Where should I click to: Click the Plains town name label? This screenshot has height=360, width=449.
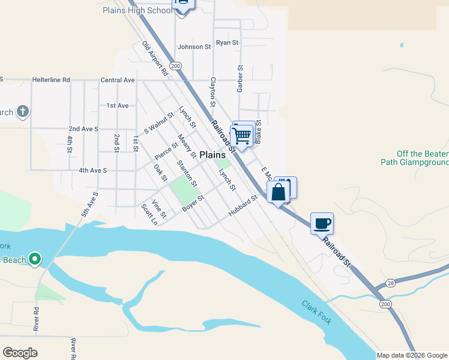click(x=212, y=154)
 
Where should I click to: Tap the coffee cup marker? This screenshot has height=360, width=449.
click(x=322, y=223)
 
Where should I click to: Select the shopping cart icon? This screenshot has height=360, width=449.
click(x=242, y=136)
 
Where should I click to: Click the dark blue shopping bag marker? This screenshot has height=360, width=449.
click(x=278, y=193)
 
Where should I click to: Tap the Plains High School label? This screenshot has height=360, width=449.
click(x=138, y=10)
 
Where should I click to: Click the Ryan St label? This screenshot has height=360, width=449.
click(x=228, y=43)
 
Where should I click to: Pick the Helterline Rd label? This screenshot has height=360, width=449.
click(x=51, y=79)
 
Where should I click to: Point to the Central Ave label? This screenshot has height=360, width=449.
click(x=118, y=80)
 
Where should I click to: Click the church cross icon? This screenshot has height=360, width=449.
click(x=22, y=112)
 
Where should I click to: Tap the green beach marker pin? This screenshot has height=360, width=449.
click(x=35, y=259)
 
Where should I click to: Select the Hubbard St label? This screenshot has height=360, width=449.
click(x=243, y=208)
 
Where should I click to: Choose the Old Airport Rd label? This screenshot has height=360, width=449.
click(x=155, y=58)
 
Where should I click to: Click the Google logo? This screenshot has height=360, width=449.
click(x=20, y=353)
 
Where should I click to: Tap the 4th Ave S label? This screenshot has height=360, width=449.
click(x=92, y=170)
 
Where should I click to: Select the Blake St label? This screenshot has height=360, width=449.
click(x=258, y=130)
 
